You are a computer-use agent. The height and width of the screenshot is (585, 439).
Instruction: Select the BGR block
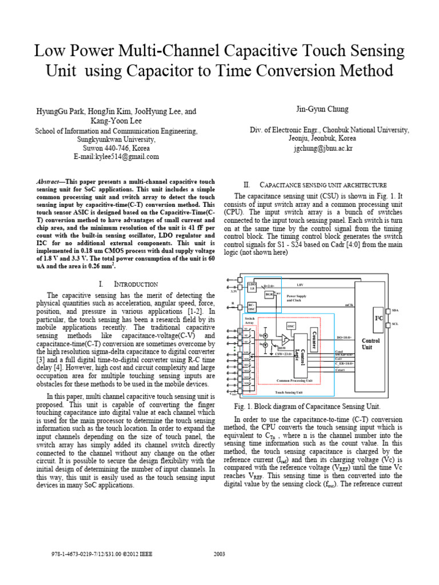[x=269, y=294]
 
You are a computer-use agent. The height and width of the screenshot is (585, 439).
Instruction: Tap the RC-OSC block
[x=251, y=307]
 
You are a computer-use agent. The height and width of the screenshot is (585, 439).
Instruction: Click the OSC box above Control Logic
[x=290, y=326]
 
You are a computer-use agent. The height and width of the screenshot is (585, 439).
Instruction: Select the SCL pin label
[x=396, y=324]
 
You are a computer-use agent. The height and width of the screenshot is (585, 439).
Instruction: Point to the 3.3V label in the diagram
[x=233, y=291]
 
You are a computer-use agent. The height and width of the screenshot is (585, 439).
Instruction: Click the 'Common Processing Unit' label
[x=294, y=379]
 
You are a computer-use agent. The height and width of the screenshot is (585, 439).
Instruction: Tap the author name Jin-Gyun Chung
[x=329, y=109]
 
